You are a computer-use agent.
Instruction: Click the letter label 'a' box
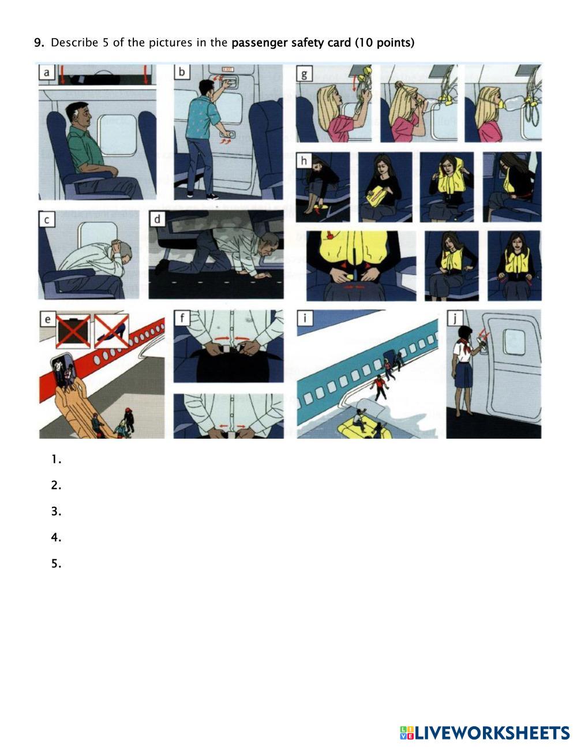[x=46, y=73]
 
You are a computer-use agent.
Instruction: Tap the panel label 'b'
[x=182, y=72]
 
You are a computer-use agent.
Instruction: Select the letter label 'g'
[x=304, y=73]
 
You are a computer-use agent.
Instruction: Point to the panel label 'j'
[x=455, y=318]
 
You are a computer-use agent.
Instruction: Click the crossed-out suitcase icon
[x=73, y=331]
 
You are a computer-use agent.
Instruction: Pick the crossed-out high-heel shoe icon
[x=111, y=331]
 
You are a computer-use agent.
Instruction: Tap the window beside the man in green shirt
[x=118, y=135]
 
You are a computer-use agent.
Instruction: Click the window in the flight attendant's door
[x=514, y=342]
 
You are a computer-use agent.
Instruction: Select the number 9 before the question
[x=39, y=43]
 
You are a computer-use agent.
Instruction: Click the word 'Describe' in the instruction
[x=74, y=43]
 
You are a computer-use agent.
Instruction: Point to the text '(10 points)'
[x=385, y=43]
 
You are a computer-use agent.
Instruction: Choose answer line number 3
[x=56, y=511]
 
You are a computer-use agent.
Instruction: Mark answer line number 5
[x=56, y=564]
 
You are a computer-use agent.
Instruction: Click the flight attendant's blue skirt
[x=463, y=375]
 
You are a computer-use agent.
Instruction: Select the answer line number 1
[x=56, y=460]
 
